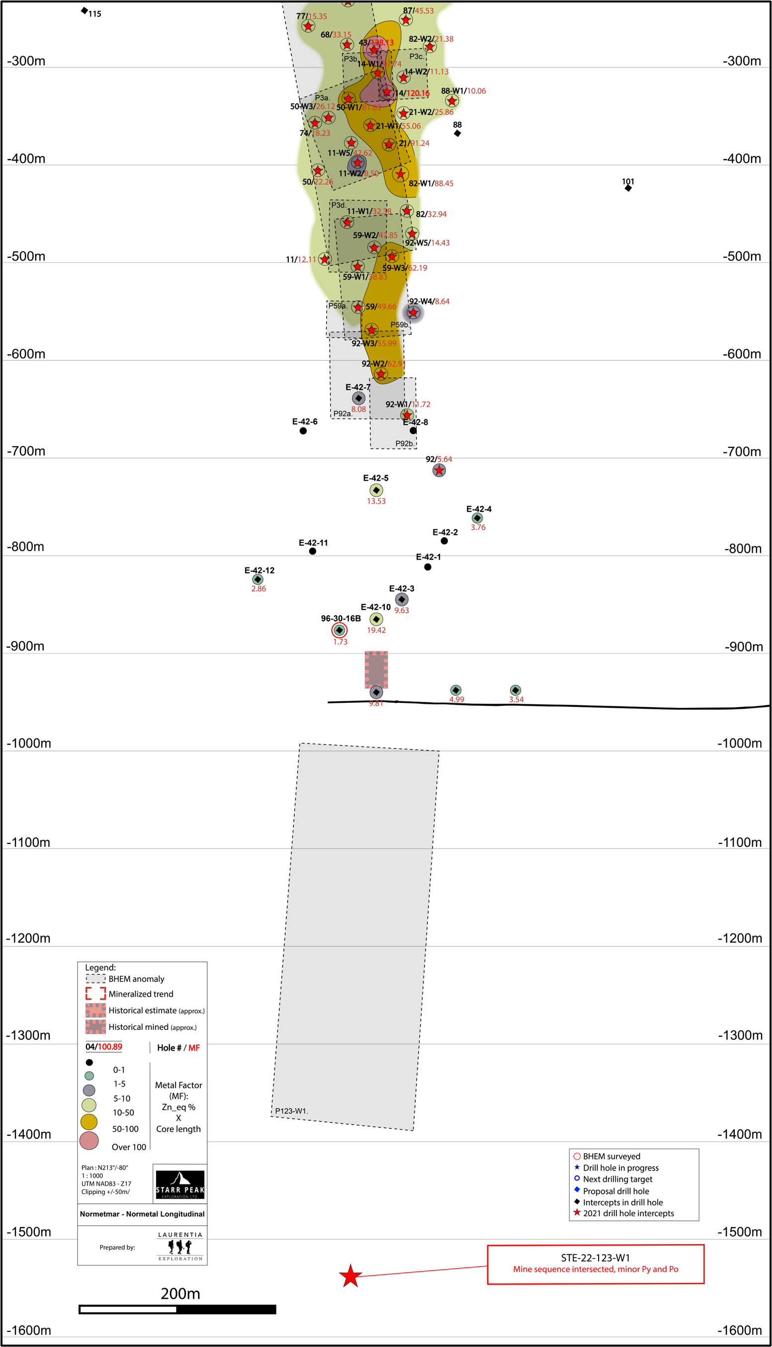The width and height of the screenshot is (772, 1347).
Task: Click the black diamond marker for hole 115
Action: click(85, 10)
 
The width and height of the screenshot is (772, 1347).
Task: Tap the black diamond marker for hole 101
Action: click(628, 188)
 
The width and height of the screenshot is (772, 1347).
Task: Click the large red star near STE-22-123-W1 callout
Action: click(350, 1275)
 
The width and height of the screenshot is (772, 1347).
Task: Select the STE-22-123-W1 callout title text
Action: click(595, 1258)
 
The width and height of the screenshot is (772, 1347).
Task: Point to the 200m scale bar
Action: click(177, 1309)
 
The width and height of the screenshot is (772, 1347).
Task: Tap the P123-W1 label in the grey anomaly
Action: click(291, 1110)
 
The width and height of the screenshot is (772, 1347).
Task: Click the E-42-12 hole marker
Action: click(257, 580)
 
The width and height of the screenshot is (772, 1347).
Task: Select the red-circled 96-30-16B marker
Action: click(340, 630)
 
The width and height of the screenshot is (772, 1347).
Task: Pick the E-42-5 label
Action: click(375, 478)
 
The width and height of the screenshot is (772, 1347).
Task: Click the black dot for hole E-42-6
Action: click(303, 431)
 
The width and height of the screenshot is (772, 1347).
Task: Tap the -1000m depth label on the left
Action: click(29, 743)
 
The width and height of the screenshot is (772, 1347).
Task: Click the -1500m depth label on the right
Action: click(740, 1232)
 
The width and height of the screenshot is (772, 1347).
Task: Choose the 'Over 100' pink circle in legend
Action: click(89, 1140)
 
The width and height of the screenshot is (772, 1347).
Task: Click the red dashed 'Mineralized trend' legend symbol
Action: click(95, 994)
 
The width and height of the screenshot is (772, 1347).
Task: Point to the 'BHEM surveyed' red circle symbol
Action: click(577, 1156)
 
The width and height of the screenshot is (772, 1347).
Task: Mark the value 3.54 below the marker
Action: click(516, 700)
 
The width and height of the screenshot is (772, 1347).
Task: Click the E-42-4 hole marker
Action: click(477, 518)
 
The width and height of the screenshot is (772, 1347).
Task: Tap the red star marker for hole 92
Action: click(439, 470)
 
